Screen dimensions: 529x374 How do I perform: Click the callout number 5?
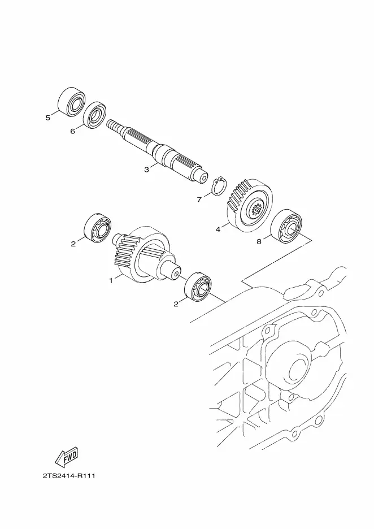pyautogui.click(x=48, y=118)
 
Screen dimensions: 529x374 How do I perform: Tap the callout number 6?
pyautogui.click(x=72, y=131)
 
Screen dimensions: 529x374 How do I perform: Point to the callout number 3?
pyautogui.click(x=146, y=169)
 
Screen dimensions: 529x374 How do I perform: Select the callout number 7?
pyautogui.click(x=199, y=199)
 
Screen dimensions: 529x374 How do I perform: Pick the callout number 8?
pyautogui.click(x=259, y=242)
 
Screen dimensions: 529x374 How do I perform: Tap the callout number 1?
pyautogui.click(x=111, y=280)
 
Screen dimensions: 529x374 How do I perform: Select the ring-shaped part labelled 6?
pyautogui.click(x=95, y=115)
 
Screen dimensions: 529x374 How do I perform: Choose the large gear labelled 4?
pyautogui.click(x=249, y=204)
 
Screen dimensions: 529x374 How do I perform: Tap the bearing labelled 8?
pyautogui.click(x=287, y=227)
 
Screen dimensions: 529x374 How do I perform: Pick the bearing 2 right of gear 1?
pyautogui.click(x=197, y=287)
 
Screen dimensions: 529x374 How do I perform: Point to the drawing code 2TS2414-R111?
pyautogui.click(x=68, y=476)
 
